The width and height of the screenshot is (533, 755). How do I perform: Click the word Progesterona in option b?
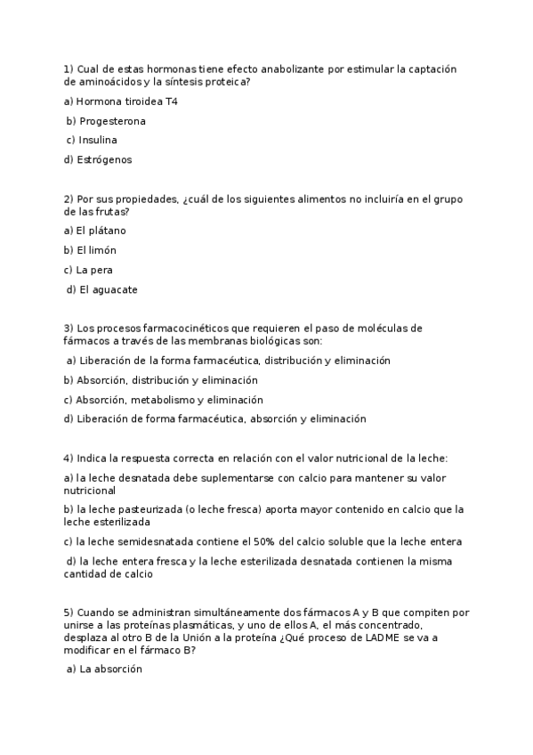coord(112,121)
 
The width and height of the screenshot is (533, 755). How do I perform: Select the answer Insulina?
coord(98,141)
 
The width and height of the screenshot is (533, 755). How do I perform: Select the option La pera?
coord(94,270)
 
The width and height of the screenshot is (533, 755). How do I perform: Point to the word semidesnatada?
coord(141,541)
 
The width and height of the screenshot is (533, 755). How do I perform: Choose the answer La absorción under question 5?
coord(111,670)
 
